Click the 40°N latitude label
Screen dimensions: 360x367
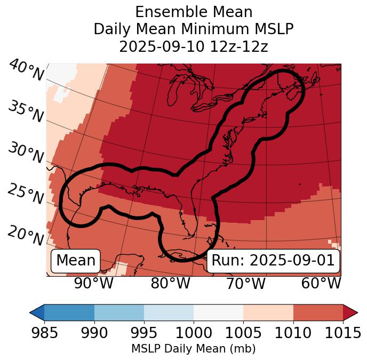point(26,71)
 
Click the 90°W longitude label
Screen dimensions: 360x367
point(94,283)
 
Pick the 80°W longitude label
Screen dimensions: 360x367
point(170,283)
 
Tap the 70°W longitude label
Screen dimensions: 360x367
point(245,283)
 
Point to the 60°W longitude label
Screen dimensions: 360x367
point(321,283)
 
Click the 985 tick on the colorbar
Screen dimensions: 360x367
point(44,333)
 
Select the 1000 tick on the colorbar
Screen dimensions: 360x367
point(194,333)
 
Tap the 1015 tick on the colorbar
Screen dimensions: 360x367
point(342,333)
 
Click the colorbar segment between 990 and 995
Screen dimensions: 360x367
point(119,312)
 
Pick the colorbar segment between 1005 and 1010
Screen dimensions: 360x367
point(268,312)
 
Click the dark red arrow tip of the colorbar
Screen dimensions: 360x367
point(350,312)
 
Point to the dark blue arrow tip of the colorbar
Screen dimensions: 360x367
point(37,312)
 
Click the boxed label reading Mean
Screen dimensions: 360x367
point(76,261)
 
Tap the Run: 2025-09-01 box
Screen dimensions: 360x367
point(273,261)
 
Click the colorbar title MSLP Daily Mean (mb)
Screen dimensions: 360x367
point(193,349)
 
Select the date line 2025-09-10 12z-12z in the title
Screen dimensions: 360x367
point(193,46)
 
